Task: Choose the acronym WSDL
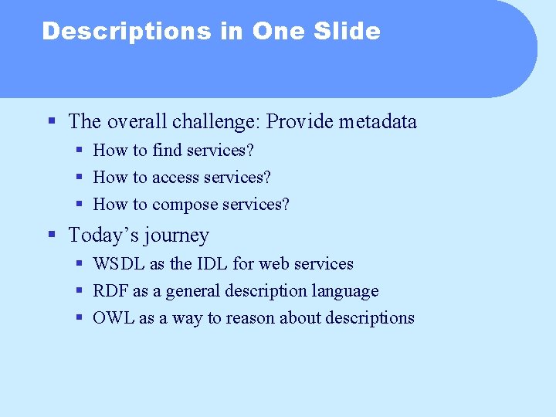pos(119,264)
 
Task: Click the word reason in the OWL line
pos(250,318)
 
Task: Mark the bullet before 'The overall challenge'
pos(52,121)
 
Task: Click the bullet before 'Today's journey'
pos(52,235)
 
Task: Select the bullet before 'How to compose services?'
pos(80,205)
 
